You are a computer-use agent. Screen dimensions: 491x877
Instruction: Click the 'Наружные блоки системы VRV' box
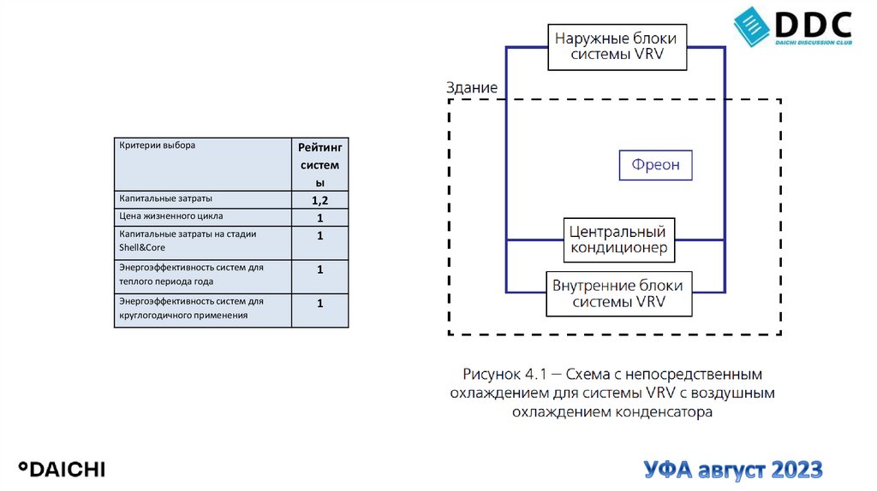(615, 48)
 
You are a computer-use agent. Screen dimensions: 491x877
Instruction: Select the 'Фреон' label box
(655, 165)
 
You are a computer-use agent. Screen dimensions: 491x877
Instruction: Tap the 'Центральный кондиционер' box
(618, 240)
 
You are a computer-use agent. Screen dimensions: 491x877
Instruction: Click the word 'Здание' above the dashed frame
(471, 88)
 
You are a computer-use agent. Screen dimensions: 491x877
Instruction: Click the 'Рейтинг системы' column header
(319, 165)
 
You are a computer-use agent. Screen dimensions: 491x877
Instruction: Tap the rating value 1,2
(319, 200)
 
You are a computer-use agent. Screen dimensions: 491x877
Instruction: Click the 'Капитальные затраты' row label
(165, 198)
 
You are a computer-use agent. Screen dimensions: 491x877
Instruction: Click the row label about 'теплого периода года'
(166, 281)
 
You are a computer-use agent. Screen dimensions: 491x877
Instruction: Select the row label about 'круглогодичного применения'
(183, 315)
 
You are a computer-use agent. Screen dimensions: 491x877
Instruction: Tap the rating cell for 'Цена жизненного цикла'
(319, 217)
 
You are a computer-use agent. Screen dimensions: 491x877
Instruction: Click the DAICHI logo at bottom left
(63, 469)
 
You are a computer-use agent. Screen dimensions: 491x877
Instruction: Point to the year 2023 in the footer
(796, 470)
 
